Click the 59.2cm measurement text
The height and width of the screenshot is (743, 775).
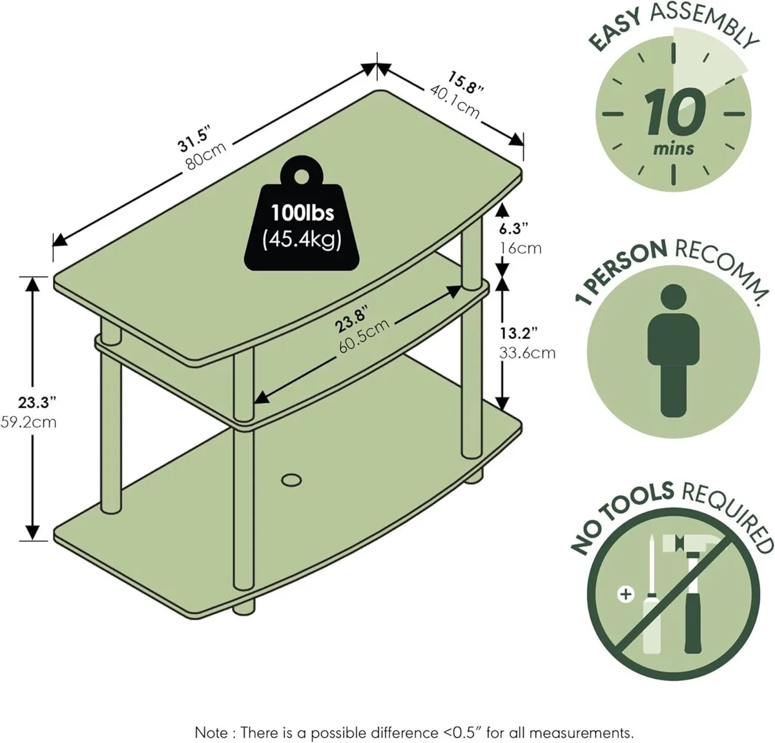pos(29,423)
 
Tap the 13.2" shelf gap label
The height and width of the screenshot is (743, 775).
pos(519,333)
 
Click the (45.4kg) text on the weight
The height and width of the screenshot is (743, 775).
pos(302,240)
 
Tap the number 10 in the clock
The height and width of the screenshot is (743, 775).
pos(674,112)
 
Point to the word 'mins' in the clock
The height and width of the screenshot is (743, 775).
pos(674,148)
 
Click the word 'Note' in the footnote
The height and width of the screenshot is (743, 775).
pos(211,715)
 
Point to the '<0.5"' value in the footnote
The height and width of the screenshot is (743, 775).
pos(463,715)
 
